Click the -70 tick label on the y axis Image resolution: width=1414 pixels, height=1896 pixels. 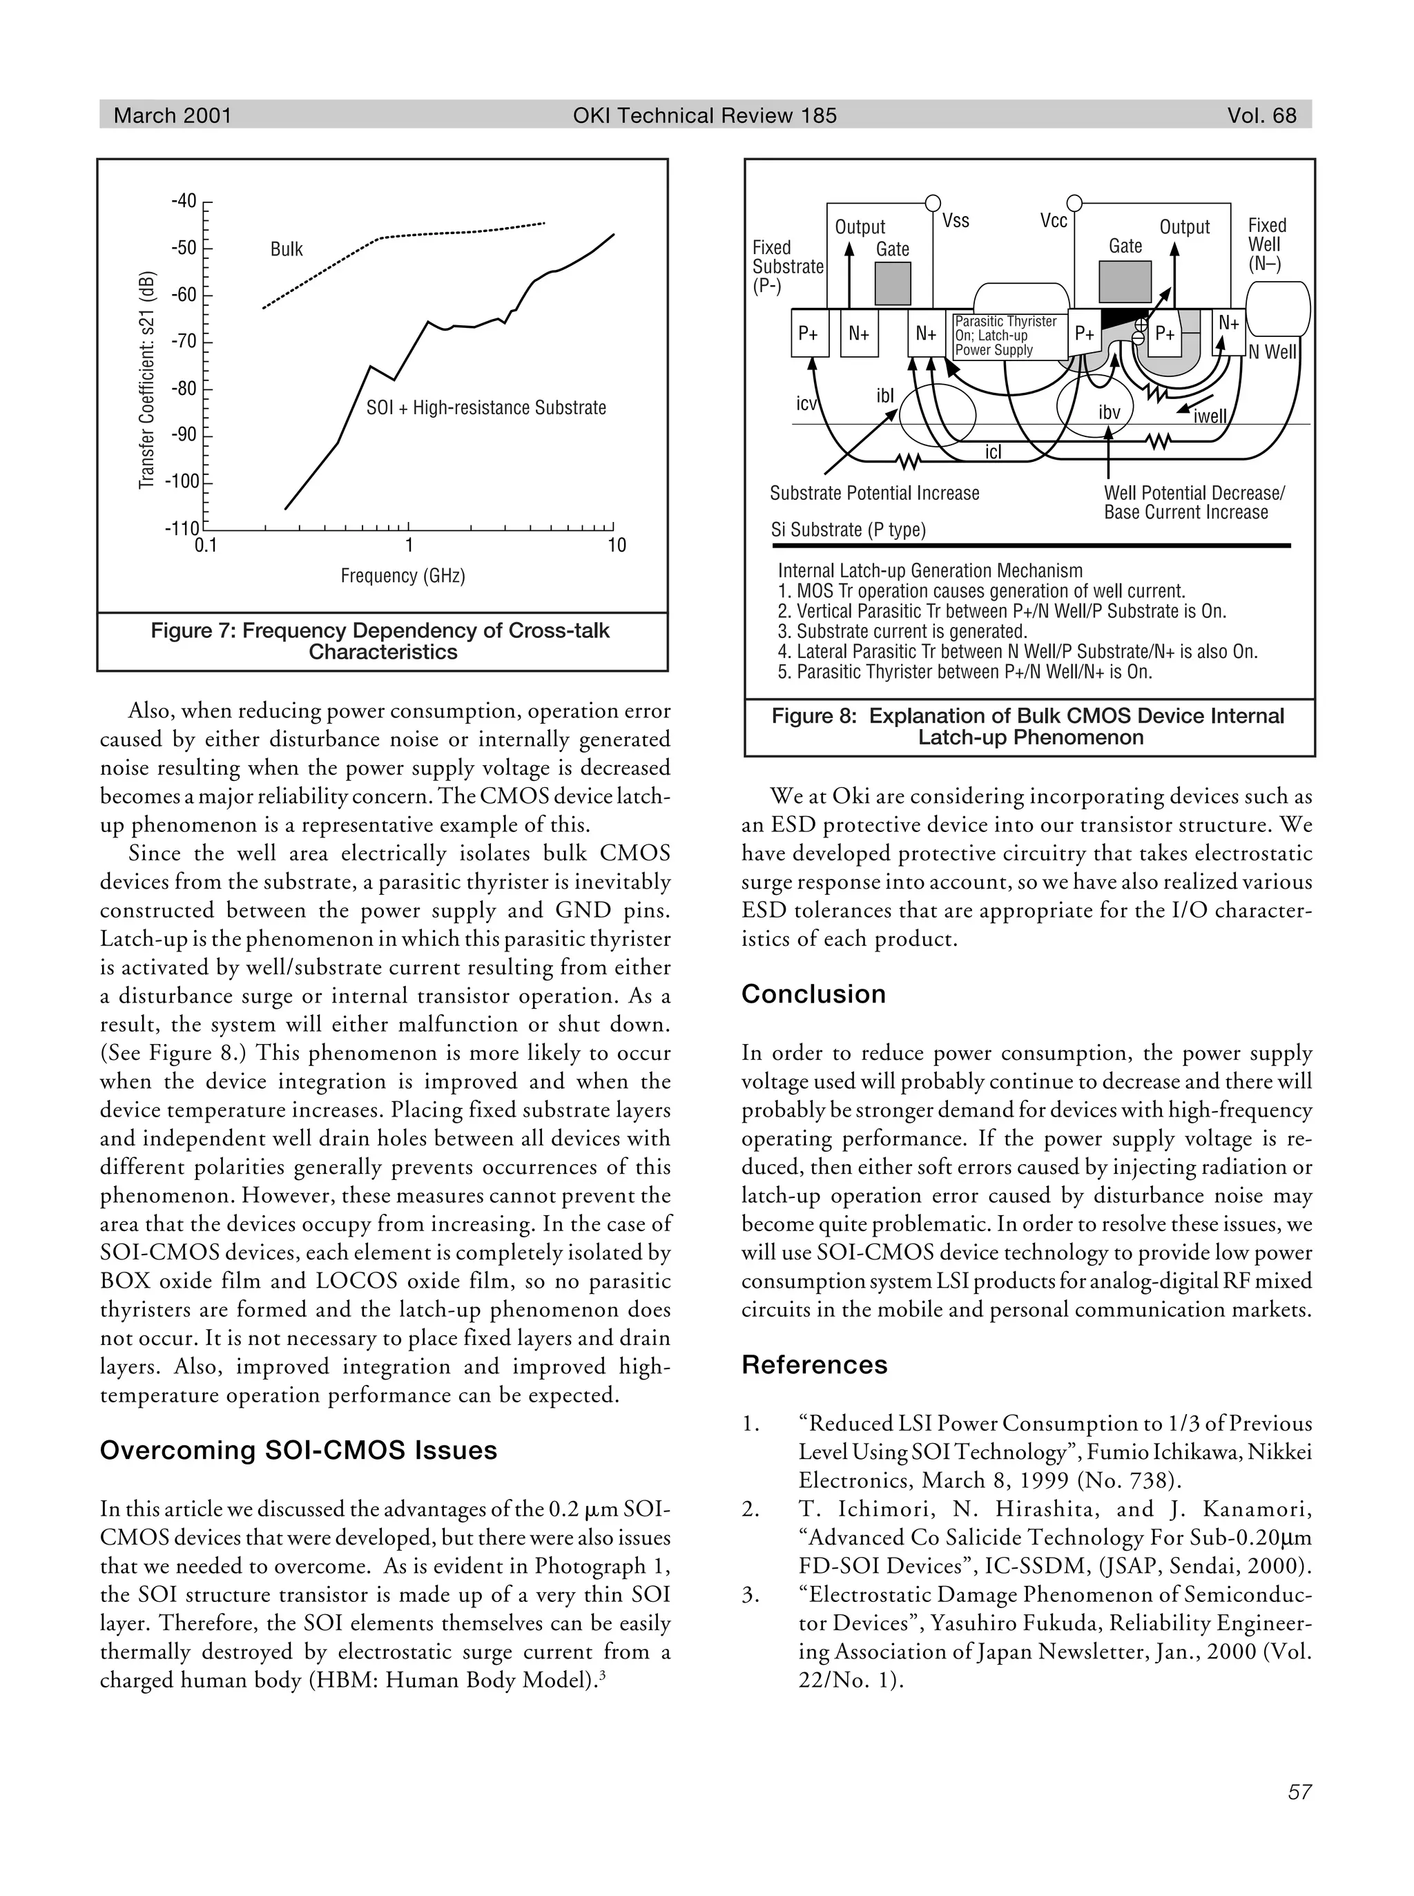pos(183,342)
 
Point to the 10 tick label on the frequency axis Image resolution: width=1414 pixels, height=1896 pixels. pos(617,545)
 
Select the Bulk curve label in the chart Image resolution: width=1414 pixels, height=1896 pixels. pos(286,249)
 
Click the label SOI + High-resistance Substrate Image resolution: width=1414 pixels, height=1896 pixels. pos(485,407)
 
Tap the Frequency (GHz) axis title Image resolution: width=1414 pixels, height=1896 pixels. pos(403,575)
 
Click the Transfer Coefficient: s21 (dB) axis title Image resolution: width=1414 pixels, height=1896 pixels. pos(146,380)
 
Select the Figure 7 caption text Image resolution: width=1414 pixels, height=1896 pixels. pos(381,641)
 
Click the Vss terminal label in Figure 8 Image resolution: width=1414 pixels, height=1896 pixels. pos(956,221)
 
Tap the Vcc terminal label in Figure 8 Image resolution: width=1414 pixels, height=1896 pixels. pos(1053,221)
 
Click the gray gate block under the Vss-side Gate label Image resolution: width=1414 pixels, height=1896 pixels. pos(893,283)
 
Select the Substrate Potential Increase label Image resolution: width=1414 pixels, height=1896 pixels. pos(874,493)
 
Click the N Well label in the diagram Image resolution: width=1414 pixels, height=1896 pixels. pos(1272,352)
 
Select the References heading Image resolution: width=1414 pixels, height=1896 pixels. pos(814,1364)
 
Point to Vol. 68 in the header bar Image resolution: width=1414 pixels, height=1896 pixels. pos(1261,115)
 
